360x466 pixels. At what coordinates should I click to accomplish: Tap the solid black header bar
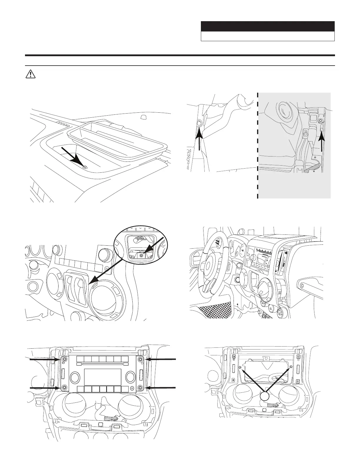click(268, 26)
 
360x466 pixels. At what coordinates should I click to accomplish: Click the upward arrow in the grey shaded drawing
click(322, 141)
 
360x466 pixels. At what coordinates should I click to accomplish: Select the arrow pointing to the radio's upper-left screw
click(44, 359)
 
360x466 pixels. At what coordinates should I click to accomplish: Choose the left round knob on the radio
click(75, 377)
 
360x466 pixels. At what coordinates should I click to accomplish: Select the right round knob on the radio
click(130, 377)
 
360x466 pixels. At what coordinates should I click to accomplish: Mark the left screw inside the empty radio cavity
click(241, 368)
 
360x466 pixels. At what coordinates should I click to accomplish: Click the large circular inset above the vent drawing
click(141, 244)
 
